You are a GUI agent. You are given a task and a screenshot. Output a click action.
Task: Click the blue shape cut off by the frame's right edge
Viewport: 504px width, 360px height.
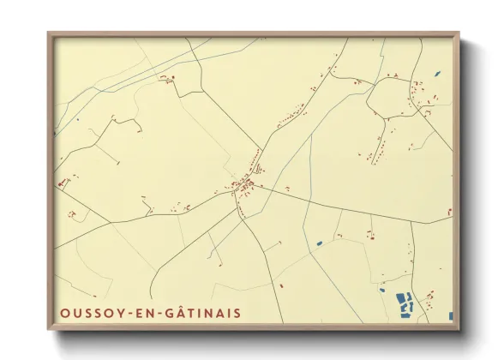[x=450, y=315]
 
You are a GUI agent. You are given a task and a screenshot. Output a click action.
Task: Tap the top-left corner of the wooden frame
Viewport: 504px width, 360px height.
[x=49, y=34]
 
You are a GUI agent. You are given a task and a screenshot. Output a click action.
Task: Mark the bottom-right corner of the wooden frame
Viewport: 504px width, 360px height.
[x=459, y=328]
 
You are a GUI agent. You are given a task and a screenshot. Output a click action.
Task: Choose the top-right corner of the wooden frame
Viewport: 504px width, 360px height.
[x=459, y=34]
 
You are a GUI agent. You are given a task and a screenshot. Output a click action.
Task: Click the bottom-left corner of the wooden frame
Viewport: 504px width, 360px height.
[x=49, y=328]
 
